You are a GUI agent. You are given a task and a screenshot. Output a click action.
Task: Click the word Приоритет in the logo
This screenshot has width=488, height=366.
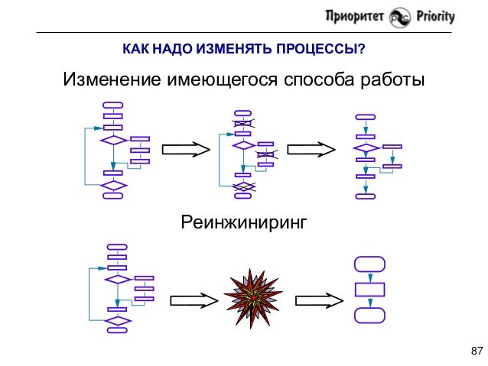356,16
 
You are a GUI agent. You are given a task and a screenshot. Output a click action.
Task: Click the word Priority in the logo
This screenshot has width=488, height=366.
433,16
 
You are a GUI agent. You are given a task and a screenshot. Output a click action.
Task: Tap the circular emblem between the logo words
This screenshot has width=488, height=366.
399,18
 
